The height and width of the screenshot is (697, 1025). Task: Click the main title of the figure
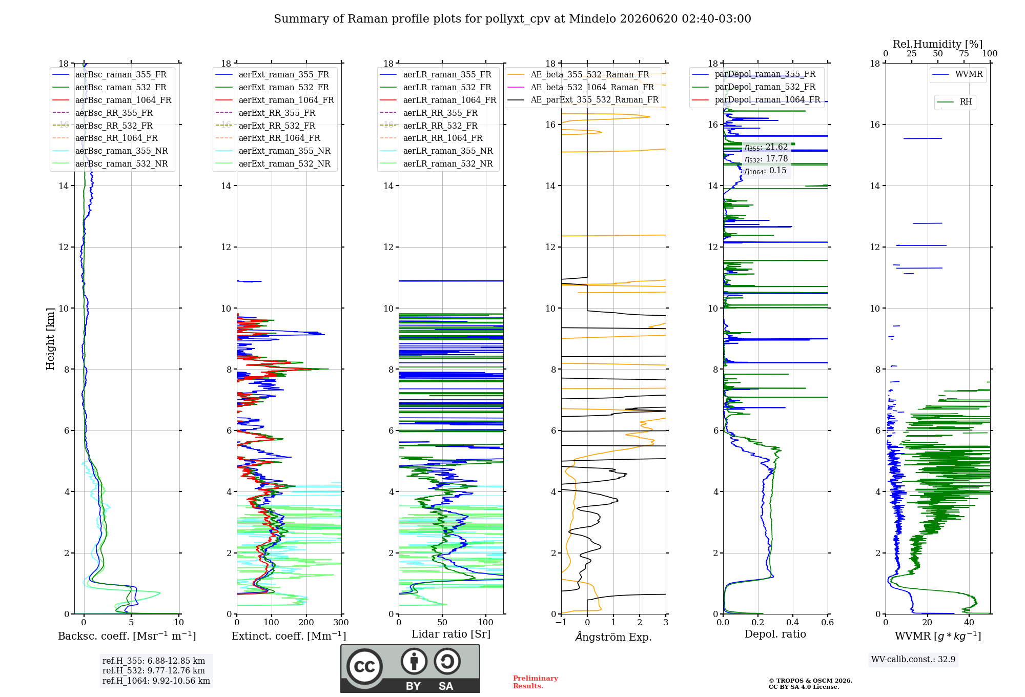point(512,19)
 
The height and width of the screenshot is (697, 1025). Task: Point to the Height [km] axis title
point(50,339)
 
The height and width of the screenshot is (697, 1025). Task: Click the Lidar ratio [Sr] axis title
point(451,634)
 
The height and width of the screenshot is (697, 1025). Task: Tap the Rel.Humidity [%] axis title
point(938,44)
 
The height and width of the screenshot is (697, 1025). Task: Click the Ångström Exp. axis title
point(613,637)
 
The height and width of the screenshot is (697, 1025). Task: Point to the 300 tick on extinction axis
point(341,623)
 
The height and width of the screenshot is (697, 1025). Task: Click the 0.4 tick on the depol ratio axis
point(793,623)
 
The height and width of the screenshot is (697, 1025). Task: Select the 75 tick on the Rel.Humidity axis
point(964,54)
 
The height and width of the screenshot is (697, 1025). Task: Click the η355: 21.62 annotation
point(766,147)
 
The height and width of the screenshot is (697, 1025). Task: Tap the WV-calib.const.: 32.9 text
point(913,659)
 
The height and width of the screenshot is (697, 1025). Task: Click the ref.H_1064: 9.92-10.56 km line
point(156,681)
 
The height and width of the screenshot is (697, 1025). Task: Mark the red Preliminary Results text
point(536,682)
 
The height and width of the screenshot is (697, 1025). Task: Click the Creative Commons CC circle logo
point(364,667)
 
